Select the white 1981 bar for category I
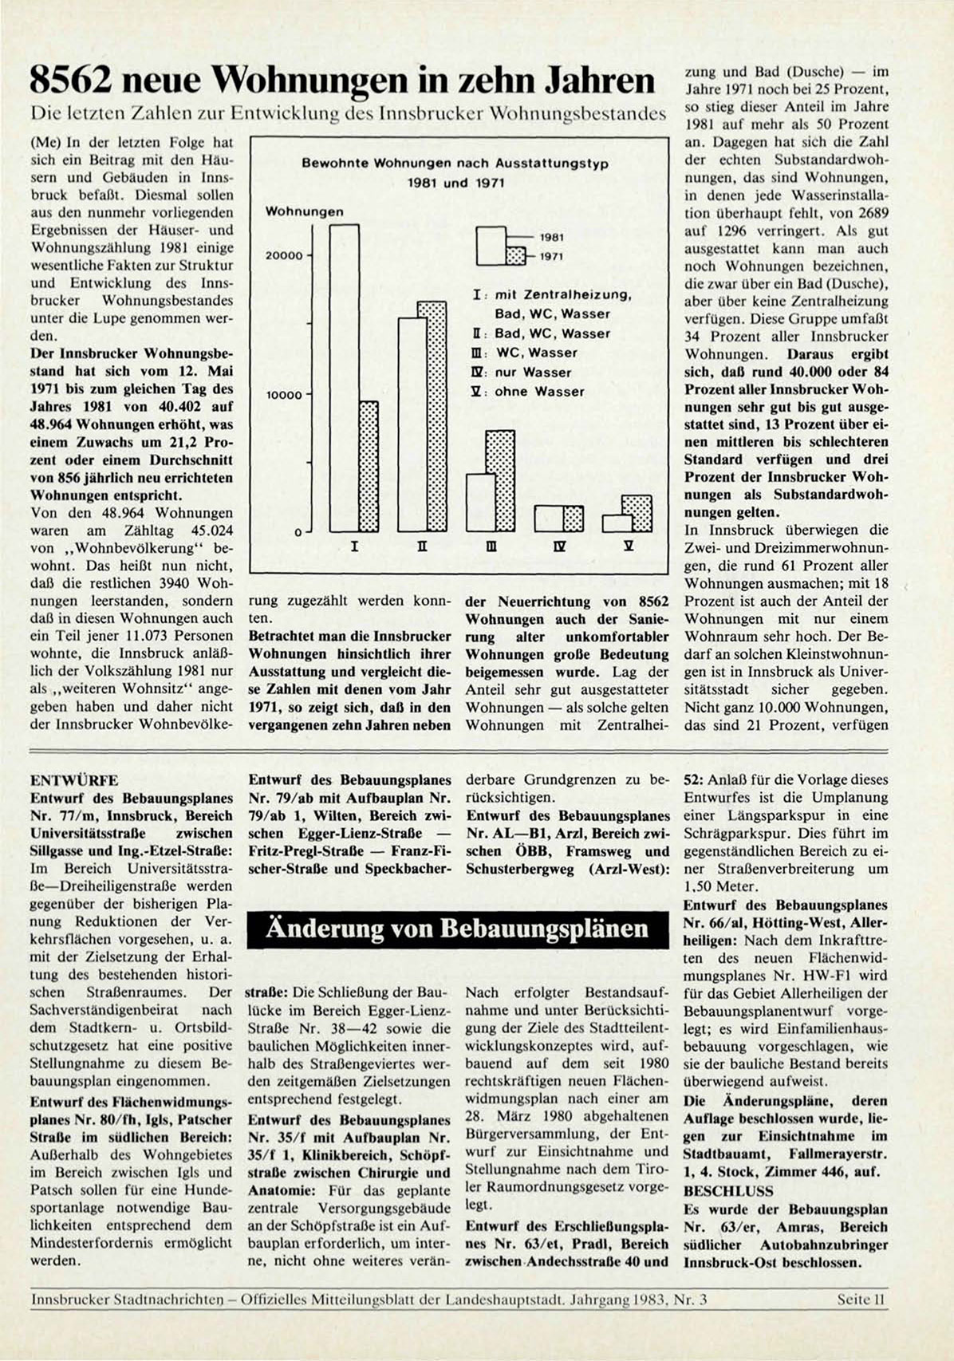(x=344, y=379)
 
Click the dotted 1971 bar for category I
(x=368, y=466)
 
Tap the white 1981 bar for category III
(x=480, y=503)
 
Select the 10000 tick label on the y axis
(x=284, y=395)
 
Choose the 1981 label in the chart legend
(x=551, y=237)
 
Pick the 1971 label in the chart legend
(x=551, y=256)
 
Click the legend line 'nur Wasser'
(x=533, y=373)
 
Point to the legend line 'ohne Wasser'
(x=539, y=392)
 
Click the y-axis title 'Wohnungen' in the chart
(x=304, y=212)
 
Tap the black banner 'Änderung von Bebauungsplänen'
(x=458, y=929)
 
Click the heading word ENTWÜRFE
(x=74, y=780)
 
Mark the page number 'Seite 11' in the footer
(x=861, y=1300)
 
